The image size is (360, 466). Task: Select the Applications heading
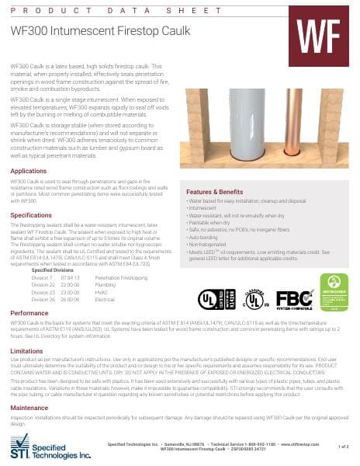point(28,171)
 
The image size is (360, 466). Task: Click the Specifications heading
point(31,214)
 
